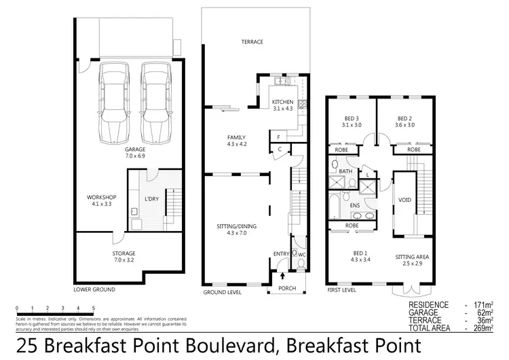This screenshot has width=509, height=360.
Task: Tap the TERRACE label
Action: [252, 42]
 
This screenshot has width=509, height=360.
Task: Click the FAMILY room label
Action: [236, 137]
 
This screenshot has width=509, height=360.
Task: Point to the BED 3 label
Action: [351, 118]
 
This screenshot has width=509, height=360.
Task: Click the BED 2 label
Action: [405, 118]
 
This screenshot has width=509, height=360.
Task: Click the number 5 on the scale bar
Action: [93, 308]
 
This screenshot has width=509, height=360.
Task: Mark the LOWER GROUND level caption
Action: [94, 289]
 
